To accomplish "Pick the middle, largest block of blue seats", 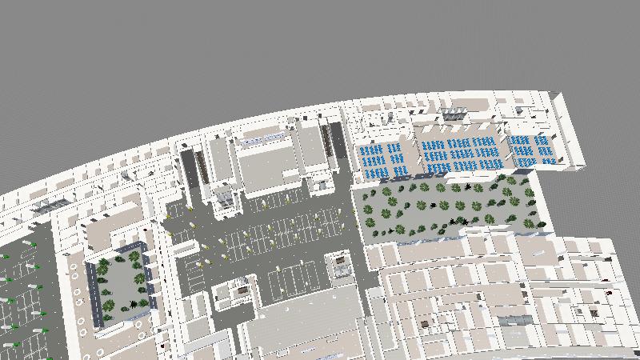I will click(x=459, y=154).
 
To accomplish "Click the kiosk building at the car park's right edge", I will click(x=340, y=264).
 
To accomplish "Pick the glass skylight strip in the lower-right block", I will click(x=516, y=321).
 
